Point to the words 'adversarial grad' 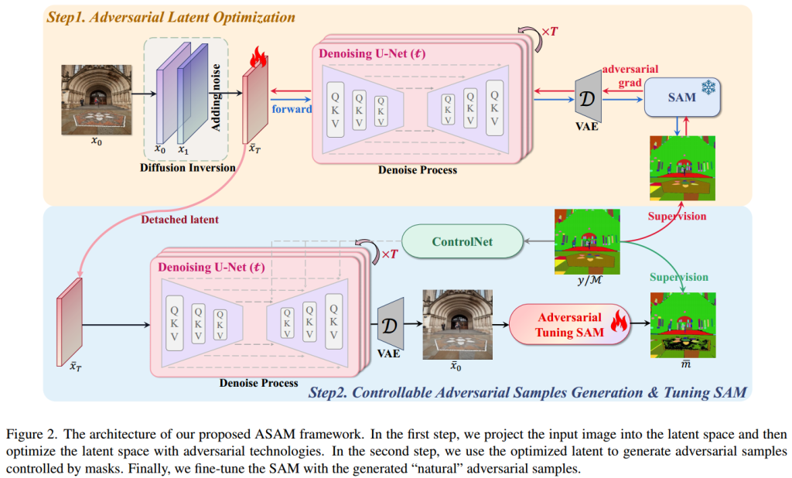(631, 75)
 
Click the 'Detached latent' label (179, 220)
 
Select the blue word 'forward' (291, 109)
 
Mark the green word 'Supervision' (679, 277)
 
